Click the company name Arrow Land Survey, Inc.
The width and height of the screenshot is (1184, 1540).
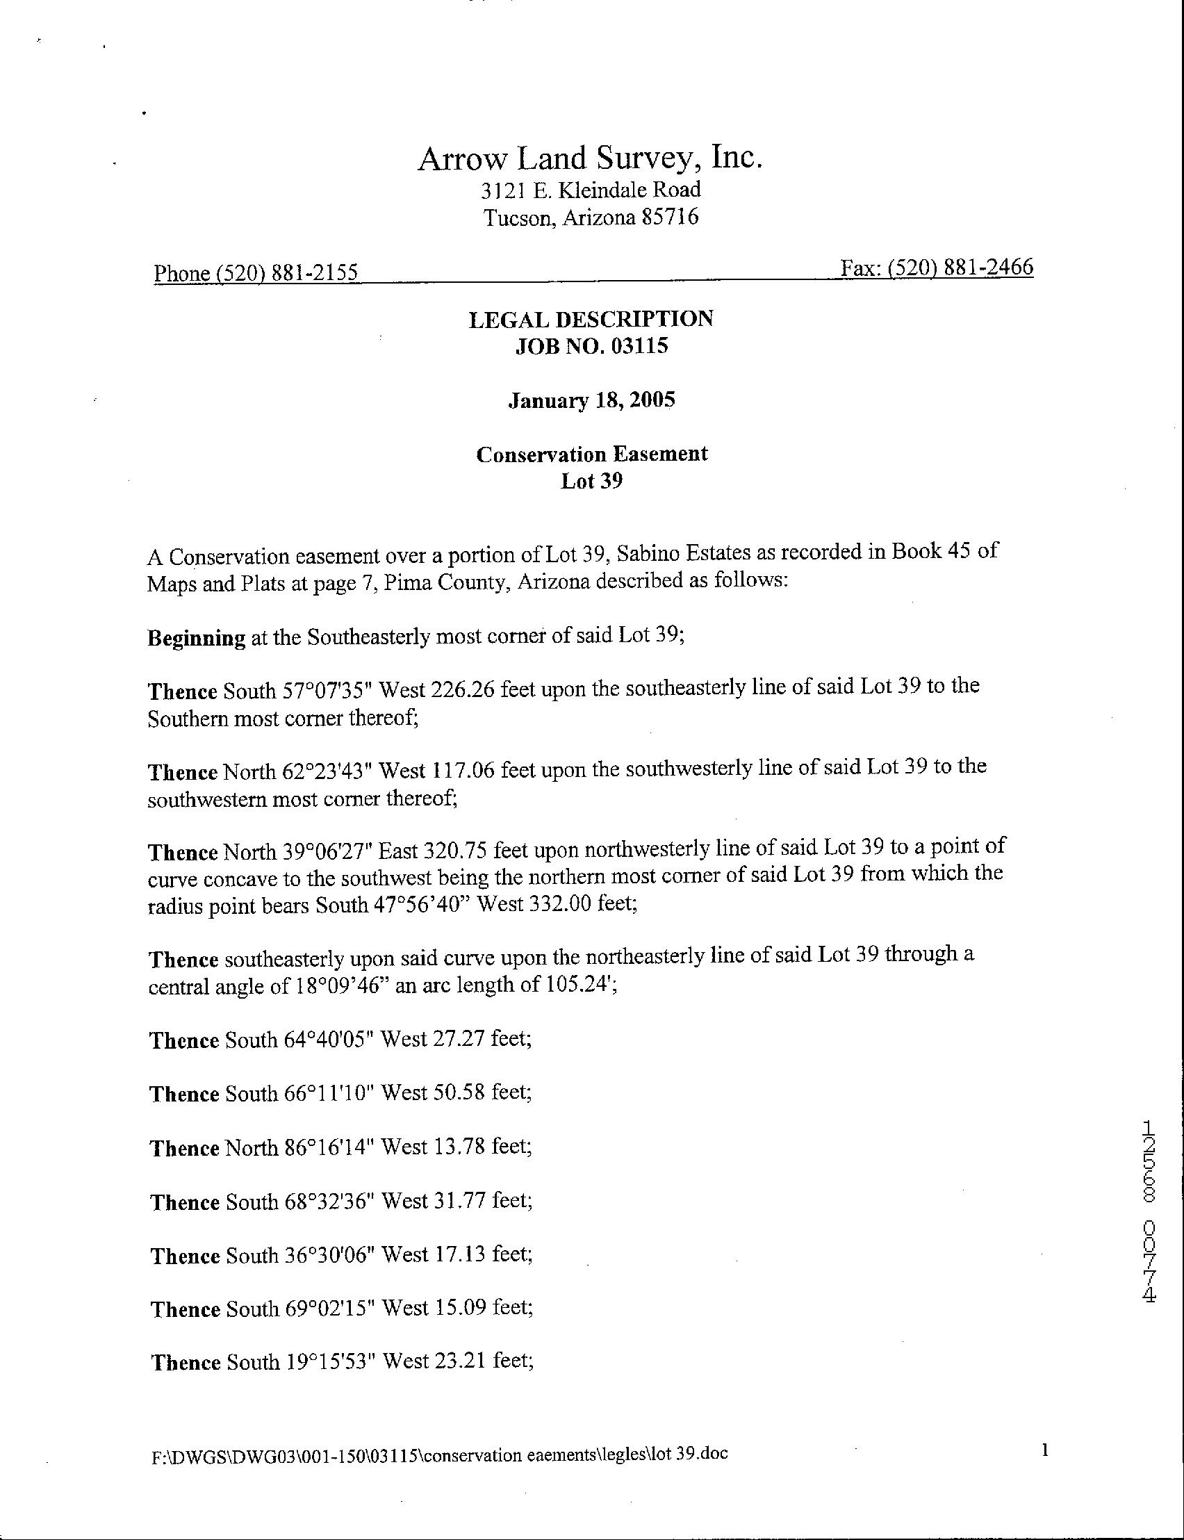point(591,158)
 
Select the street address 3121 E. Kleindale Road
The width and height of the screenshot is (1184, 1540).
point(591,190)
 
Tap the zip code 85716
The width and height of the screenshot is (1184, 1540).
point(670,217)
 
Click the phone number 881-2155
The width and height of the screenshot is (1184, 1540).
point(314,272)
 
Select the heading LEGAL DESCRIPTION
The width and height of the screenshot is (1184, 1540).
point(591,318)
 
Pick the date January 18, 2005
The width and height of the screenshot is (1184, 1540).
point(591,400)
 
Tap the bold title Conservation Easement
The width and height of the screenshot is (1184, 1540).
point(591,454)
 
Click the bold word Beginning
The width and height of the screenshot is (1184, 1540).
point(196,638)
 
